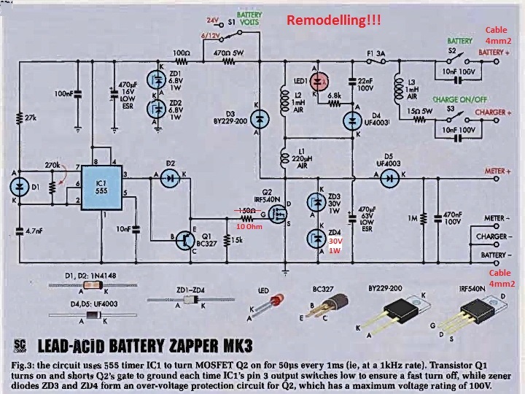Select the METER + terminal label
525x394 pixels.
coord(498,171)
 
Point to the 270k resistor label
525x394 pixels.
coord(52,165)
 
